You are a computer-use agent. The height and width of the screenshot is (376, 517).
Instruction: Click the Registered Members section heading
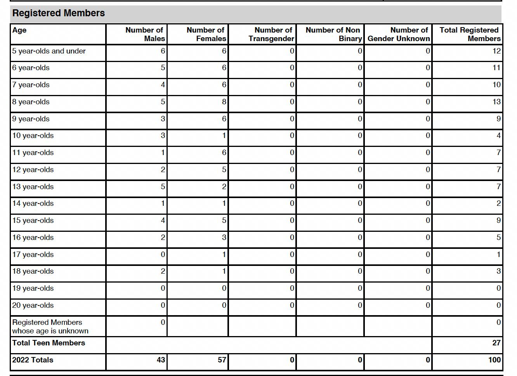tap(59, 13)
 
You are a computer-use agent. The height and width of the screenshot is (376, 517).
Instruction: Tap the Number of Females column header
tap(206, 34)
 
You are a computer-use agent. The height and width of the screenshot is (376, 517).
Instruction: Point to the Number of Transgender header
tap(272, 34)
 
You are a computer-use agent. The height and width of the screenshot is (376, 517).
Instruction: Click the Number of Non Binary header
tap(333, 34)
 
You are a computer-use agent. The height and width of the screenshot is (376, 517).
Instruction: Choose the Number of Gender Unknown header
tap(399, 34)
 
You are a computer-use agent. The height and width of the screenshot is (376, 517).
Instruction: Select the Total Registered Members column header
tap(470, 34)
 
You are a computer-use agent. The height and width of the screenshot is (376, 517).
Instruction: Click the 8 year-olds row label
tap(31, 102)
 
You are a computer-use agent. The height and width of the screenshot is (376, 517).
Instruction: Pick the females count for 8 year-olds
tap(224, 102)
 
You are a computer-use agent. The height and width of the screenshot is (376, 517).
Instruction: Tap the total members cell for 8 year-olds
tap(496, 102)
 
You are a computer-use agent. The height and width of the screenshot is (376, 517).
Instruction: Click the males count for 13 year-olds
tap(163, 186)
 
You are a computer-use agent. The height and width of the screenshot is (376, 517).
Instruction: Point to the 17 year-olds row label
tap(33, 255)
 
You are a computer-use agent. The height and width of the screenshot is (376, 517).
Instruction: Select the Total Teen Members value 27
tap(496, 343)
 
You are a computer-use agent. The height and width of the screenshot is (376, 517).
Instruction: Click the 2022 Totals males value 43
tap(161, 360)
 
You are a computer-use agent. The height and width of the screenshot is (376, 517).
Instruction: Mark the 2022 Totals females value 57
tap(222, 360)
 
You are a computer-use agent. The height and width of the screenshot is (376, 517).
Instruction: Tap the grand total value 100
tap(494, 360)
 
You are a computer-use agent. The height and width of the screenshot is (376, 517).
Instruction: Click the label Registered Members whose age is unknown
tap(50, 326)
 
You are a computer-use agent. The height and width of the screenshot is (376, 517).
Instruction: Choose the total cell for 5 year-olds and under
tap(496, 51)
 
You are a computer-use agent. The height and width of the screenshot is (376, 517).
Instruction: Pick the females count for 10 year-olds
tap(224, 136)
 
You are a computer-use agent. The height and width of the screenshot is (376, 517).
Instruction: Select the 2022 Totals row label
tap(33, 360)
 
